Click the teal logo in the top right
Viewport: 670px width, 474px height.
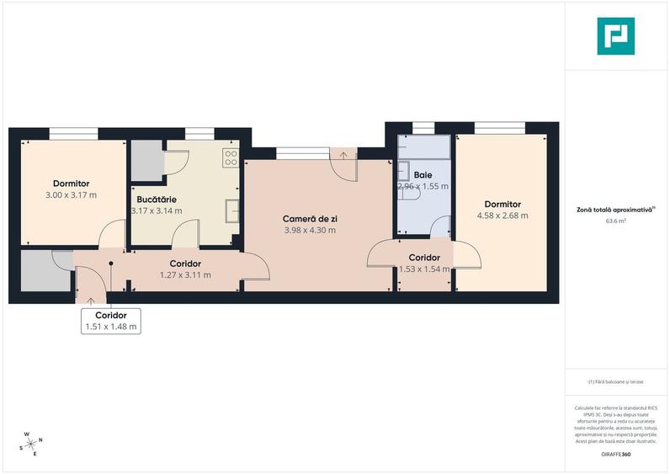(616, 35)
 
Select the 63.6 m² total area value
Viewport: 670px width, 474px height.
(617, 221)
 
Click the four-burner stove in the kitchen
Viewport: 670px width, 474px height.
(231, 157)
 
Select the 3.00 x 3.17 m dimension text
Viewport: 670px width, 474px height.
(71, 194)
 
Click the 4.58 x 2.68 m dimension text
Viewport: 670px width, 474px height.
(502, 216)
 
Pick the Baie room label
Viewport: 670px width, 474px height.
(423, 175)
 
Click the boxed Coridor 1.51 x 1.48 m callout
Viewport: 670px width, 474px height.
(110, 321)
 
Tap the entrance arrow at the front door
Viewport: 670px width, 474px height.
(91, 300)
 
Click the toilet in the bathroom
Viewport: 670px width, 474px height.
(412, 194)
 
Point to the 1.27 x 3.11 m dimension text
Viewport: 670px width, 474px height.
(184, 274)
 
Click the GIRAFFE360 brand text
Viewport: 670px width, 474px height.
(616, 455)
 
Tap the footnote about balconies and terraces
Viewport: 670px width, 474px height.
(616, 381)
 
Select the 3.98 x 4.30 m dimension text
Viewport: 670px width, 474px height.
(310, 229)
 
